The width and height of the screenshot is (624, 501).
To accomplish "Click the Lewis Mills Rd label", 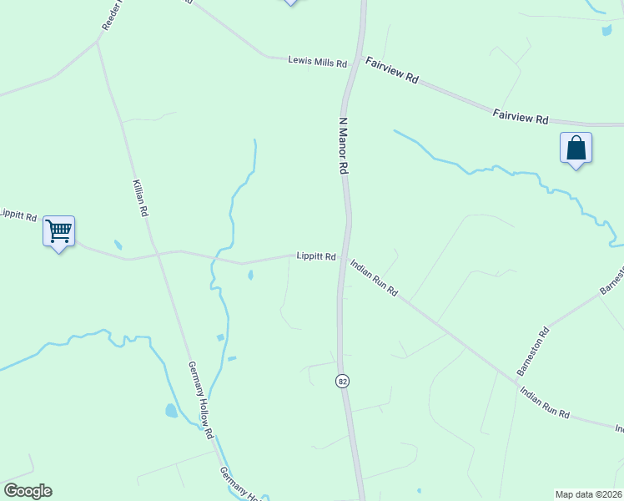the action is [x=316, y=60].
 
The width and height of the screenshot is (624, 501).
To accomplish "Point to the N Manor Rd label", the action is [x=342, y=145].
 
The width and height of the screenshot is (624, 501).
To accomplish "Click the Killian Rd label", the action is [x=140, y=198].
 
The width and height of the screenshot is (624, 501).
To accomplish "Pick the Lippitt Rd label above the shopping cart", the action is [x=18, y=215].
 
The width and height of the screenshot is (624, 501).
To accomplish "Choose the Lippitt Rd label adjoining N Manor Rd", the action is [x=316, y=256].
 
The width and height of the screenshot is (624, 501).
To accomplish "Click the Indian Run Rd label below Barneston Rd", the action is [x=544, y=402].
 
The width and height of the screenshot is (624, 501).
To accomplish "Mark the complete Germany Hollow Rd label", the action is [x=201, y=400].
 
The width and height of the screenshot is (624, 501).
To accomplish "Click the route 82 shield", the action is [x=342, y=381].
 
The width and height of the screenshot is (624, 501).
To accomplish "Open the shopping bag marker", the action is [x=576, y=148].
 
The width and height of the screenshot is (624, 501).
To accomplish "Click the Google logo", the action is [x=28, y=491].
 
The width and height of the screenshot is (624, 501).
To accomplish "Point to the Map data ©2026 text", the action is [x=588, y=494].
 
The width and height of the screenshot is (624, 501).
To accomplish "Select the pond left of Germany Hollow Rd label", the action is [x=171, y=410].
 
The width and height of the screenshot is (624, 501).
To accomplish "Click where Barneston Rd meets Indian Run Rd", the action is [x=501, y=373].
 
